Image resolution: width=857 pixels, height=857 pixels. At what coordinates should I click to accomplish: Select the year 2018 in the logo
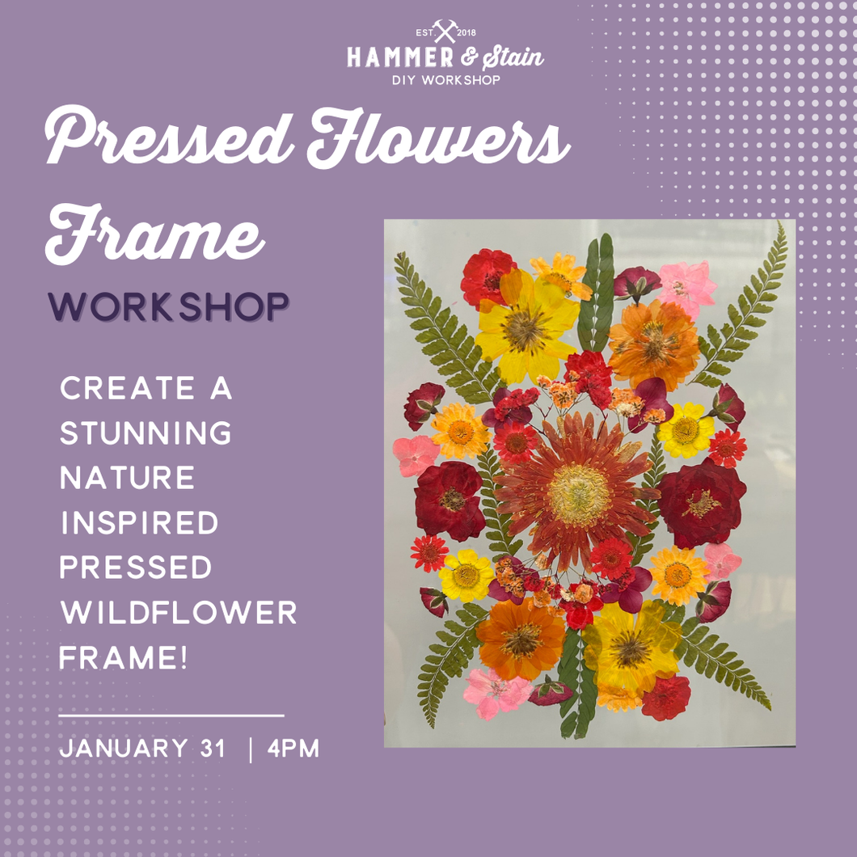tap(467, 32)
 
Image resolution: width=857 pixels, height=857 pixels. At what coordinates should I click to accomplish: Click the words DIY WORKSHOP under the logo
tap(445, 80)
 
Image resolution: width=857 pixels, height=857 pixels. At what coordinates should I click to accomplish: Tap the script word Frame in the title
tap(154, 234)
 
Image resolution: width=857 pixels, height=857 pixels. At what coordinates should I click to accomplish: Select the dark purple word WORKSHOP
tap(168, 307)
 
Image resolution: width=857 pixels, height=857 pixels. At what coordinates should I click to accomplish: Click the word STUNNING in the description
tap(146, 433)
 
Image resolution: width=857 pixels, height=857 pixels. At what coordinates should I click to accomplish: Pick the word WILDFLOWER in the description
tap(179, 614)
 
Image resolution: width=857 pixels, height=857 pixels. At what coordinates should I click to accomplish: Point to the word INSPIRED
tap(139, 523)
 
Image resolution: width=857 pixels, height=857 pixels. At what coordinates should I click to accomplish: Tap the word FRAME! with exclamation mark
tap(124, 658)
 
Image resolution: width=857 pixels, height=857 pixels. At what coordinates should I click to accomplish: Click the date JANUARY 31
tap(143, 749)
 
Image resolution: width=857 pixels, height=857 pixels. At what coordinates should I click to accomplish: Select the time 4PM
tap(293, 749)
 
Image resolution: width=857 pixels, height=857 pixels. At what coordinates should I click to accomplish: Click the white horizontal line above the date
tap(171, 716)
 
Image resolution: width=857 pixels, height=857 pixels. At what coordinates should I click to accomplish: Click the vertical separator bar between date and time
tap(251, 749)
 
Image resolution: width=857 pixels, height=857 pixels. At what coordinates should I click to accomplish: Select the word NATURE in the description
tap(128, 478)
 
